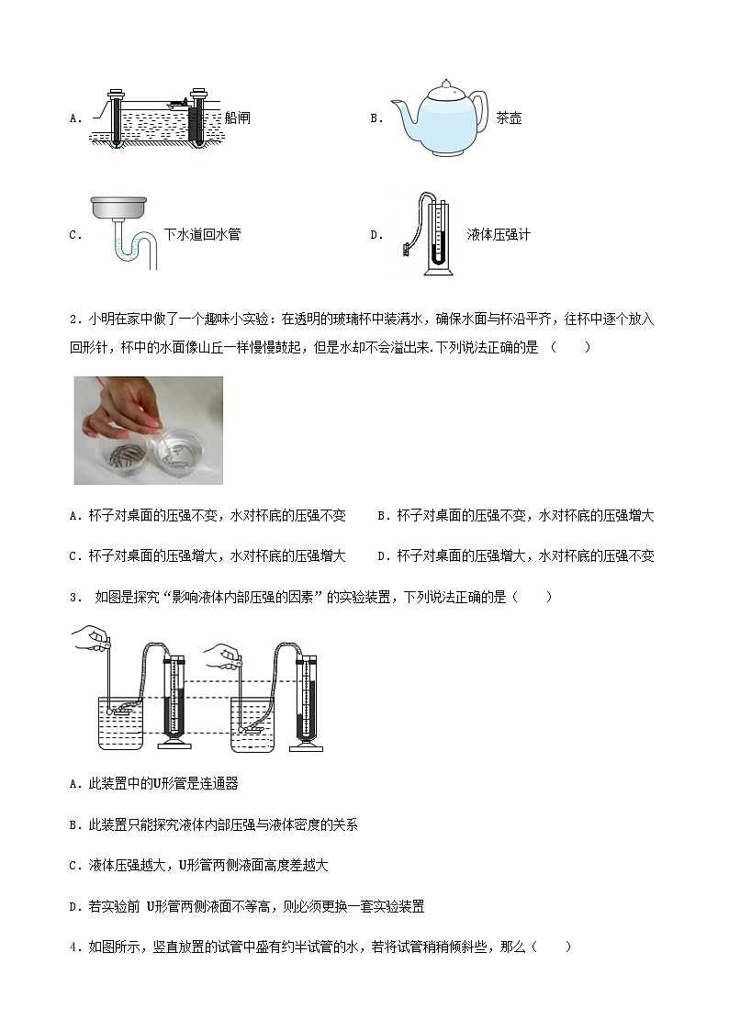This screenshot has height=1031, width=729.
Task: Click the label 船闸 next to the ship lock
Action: point(238,118)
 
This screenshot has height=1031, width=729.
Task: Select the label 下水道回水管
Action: point(202,235)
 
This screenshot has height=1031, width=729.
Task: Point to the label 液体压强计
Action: point(499,235)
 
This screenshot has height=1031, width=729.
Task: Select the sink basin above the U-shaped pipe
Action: point(119,209)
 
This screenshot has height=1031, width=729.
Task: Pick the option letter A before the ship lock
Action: point(73,118)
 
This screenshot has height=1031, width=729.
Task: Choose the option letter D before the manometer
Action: point(376,235)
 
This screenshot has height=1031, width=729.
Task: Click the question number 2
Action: point(73,319)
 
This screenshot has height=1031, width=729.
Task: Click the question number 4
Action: point(73,947)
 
